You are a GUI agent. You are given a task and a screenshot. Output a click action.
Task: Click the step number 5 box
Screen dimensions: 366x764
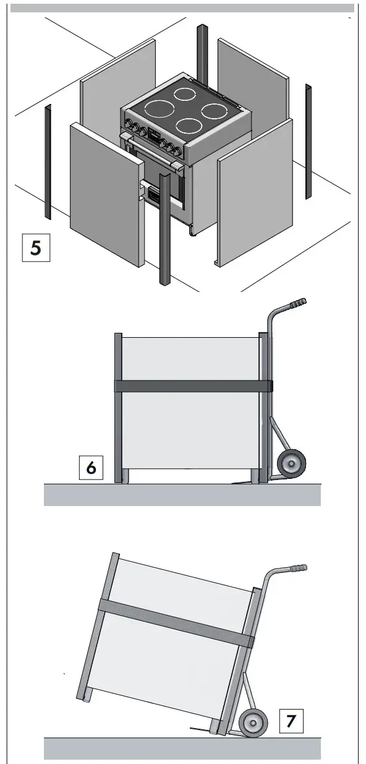coord(36,247)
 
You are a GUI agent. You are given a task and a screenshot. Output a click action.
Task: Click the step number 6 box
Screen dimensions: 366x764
coord(91,467)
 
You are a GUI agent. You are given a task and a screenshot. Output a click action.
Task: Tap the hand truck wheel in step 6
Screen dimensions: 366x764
coord(291,463)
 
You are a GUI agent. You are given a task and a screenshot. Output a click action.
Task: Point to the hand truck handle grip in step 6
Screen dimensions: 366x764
coord(298,303)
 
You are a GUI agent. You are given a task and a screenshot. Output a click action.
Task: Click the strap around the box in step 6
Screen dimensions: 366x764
coord(194,386)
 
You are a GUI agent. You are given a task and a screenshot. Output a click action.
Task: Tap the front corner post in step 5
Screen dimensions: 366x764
coord(165,229)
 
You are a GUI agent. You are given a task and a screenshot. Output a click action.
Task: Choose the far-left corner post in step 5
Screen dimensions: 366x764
coord(48,161)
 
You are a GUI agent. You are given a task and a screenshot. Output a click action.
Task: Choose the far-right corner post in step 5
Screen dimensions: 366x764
coord(309,141)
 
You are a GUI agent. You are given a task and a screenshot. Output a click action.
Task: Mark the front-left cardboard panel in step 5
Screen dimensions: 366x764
coord(107,194)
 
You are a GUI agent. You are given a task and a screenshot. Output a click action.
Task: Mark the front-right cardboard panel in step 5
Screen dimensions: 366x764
coord(255,193)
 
